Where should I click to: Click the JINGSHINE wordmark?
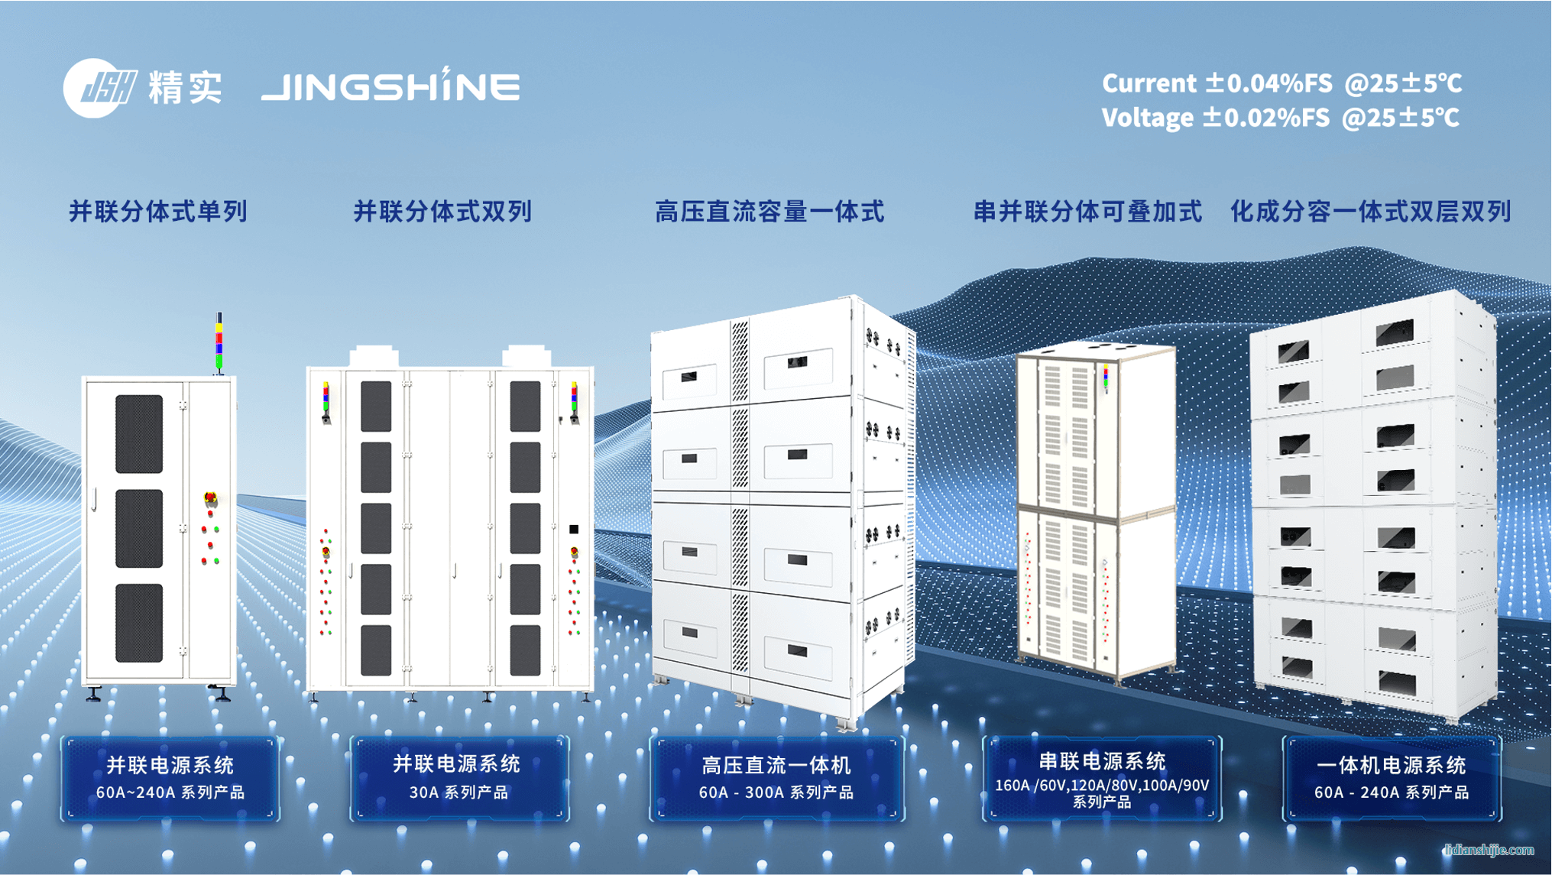click(x=390, y=86)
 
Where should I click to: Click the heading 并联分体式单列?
click(x=158, y=212)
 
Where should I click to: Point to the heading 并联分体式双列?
click(x=442, y=212)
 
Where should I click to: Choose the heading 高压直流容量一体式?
click(x=770, y=212)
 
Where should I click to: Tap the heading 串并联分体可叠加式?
click(x=1087, y=212)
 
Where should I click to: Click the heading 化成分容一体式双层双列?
click(x=1370, y=212)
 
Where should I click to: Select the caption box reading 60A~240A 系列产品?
click(x=170, y=779)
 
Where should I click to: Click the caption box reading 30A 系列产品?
click(x=458, y=779)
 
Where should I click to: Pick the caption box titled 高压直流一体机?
click(x=776, y=779)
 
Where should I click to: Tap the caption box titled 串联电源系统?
click(x=1101, y=779)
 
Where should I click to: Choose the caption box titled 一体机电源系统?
click(x=1391, y=779)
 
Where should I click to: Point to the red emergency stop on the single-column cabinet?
click(x=211, y=499)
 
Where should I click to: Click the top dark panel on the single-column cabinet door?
click(x=139, y=433)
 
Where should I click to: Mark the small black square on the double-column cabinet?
click(x=574, y=529)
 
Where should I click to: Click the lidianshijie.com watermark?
click(x=1489, y=850)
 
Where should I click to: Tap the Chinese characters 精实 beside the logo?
click(x=186, y=88)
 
